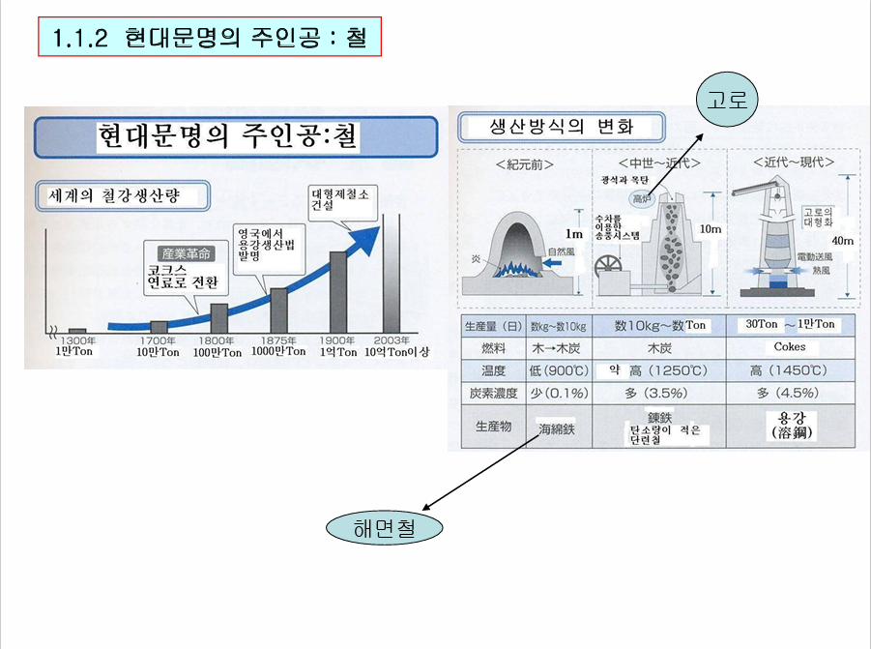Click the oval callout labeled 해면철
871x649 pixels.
[385, 528]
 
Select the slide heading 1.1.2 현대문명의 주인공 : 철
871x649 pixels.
[210, 38]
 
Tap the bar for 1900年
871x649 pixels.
[338, 291]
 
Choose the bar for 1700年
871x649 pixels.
[160, 326]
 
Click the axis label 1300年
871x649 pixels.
[77, 340]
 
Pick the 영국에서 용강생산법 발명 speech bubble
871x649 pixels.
[266, 246]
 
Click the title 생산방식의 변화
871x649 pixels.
[562, 127]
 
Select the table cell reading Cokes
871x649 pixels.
[790, 347]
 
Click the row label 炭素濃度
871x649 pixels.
[491, 394]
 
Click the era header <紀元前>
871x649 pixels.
[524, 163]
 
